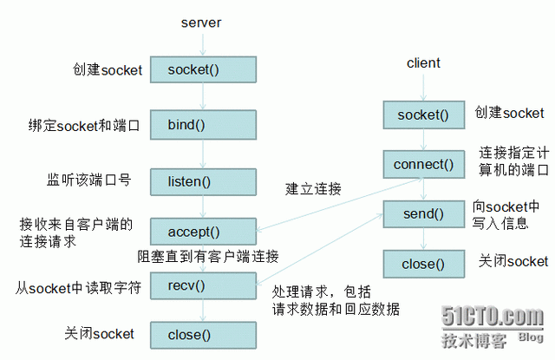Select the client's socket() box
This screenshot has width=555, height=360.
click(x=423, y=114)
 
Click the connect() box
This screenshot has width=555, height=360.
click(x=423, y=163)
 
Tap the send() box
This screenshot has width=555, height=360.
click(x=423, y=213)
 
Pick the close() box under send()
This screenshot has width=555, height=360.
click(x=423, y=264)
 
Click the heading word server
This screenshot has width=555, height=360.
click(x=202, y=22)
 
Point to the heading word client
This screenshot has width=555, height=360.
click(x=423, y=63)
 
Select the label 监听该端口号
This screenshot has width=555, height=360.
click(x=89, y=180)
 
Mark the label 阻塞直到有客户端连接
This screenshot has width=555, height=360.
click(x=207, y=256)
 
